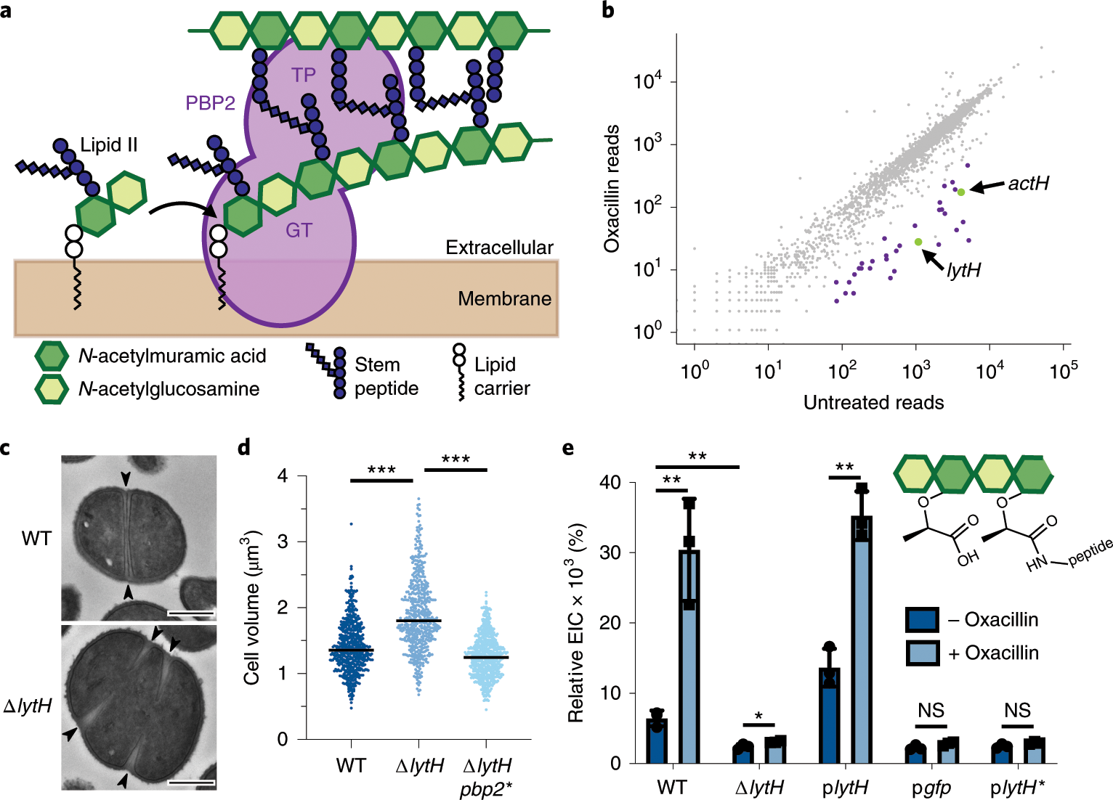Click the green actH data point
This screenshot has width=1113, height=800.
pos(960,192)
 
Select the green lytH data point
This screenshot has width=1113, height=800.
pos(918,242)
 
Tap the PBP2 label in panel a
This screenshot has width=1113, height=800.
pos(210,103)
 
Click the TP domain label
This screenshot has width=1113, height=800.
pos(304,75)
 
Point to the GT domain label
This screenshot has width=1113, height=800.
pos(299,230)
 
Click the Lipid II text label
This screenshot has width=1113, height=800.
pos(109,145)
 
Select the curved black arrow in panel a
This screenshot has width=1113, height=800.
pos(182,208)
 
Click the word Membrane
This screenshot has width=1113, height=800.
pos(504,298)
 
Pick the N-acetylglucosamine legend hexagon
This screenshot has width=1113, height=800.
pos(52,389)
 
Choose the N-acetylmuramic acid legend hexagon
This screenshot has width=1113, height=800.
pos(52,356)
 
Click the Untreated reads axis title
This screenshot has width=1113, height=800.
pos(873,402)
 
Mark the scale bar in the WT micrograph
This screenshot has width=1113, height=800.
pos(191,614)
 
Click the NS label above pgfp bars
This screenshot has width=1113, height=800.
pos(931,710)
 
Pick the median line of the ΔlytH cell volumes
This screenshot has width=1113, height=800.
pos(418,621)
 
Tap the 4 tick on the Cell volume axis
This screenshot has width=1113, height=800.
pos(283,476)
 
